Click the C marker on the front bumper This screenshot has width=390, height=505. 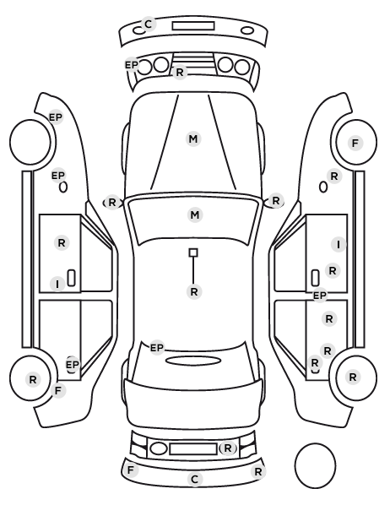tap(149, 24)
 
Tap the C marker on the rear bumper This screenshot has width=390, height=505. tap(195, 479)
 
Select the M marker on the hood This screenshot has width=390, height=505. tap(193, 139)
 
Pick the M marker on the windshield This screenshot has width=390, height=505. tap(195, 214)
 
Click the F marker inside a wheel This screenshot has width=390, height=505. tap(355, 143)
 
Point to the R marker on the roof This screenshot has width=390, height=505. tap(194, 292)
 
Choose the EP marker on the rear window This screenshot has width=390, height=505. tap(157, 348)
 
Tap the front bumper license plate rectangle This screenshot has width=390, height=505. tap(193, 26)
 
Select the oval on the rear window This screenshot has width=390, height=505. tap(193, 361)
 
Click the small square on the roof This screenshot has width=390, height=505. tap(193, 252)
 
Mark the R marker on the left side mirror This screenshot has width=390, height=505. tap(111, 203)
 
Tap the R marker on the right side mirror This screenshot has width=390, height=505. tap(276, 201)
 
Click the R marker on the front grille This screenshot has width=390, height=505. tap(180, 73)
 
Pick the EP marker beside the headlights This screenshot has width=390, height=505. tap(132, 65)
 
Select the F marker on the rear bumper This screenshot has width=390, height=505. tap(131, 470)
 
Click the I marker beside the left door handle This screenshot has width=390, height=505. tap(57, 285)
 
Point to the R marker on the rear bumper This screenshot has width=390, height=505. tap(258, 472)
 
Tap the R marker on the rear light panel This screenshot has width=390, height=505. tap(227, 448)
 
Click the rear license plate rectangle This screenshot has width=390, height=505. tap(193, 449)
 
